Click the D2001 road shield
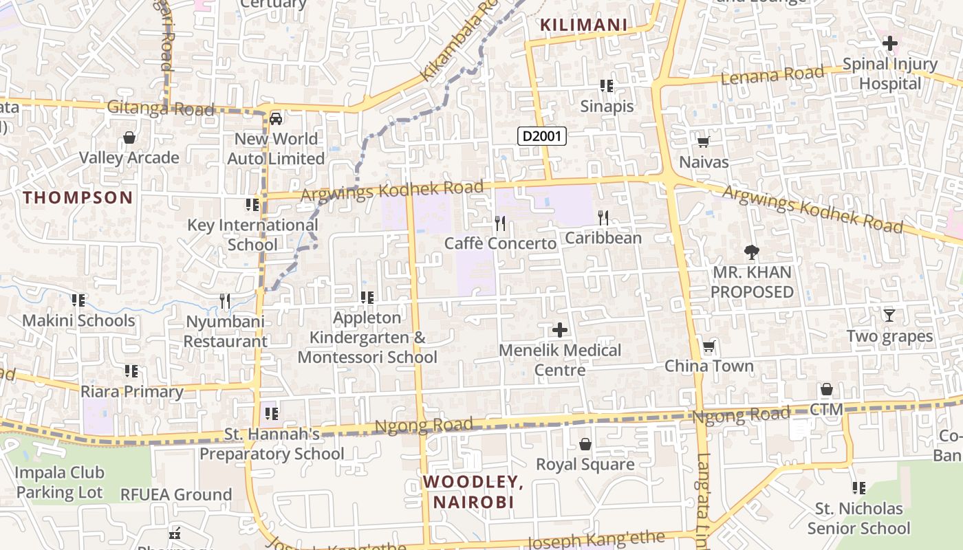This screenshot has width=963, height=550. pos(541,136)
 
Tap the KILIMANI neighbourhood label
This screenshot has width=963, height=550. pos(583,25)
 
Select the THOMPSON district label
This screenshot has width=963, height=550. pos(78,198)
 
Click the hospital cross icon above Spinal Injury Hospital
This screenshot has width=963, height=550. pos(889,43)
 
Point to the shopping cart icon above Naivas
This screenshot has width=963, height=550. pos(703,142)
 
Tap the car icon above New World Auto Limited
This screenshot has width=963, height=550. pos(276,118)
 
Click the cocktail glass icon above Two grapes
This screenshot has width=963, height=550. pos(889,316)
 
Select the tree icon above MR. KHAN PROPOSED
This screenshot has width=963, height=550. pos(752,252)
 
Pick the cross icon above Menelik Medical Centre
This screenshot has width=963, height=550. pos(560,330)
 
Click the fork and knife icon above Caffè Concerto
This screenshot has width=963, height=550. pos(500,223)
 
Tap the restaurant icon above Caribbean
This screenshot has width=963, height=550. pos(603,218)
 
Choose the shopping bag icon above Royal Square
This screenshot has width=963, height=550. pos(585,444)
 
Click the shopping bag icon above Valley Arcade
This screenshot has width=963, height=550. pos(129,137)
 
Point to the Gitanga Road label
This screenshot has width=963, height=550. pos(160,108)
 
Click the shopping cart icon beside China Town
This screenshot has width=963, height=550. pos(708,346)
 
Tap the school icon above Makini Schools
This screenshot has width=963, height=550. pos(78,300)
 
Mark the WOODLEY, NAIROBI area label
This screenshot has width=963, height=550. pos(473,492)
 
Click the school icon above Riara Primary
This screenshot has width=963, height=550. pos(131,371)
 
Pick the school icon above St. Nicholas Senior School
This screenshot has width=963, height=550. pos(858,488)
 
